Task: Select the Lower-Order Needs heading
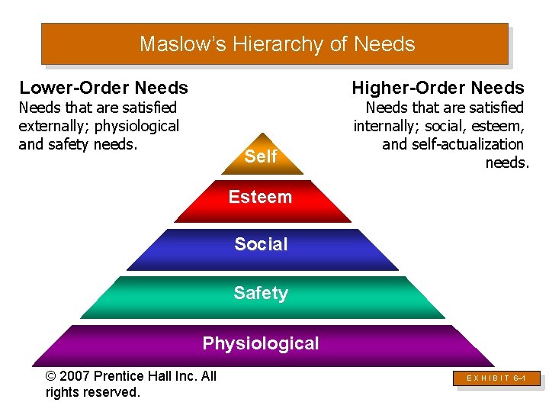click(x=104, y=88)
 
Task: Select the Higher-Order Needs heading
click(x=438, y=88)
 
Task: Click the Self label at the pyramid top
click(x=261, y=156)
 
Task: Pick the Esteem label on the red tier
click(x=260, y=197)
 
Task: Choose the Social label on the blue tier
click(x=261, y=244)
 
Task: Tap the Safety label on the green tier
click(x=261, y=293)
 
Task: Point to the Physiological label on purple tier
click(x=261, y=343)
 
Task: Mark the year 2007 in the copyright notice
click(x=77, y=376)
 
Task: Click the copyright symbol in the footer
click(x=52, y=376)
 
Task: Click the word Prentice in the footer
click(x=123, y=376)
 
